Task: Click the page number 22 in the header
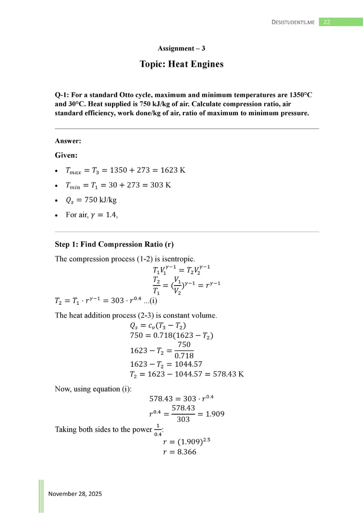click(x=327, y=22)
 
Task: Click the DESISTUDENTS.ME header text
click(x=293, y=22)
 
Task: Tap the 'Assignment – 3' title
click(x=181, y=48)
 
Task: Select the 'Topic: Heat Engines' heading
click(x=181, y=64)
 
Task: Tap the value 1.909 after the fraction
click(x=215, y=414)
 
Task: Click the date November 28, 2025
click(x=75, y=494)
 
